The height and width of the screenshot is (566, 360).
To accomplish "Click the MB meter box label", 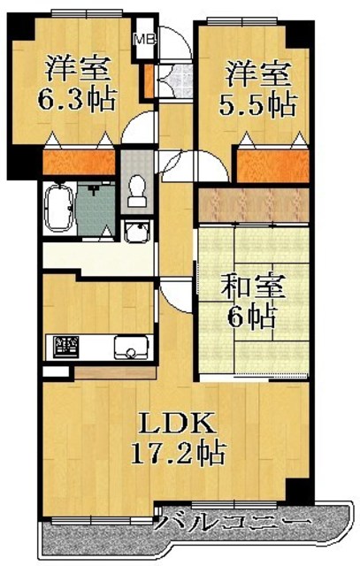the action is (144, 39).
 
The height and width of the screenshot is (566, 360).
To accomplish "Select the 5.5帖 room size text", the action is (258, 104).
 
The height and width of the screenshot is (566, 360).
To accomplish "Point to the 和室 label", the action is (253, 287).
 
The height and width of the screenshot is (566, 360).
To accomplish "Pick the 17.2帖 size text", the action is (178, 453).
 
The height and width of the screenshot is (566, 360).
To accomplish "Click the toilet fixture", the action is (136, 190).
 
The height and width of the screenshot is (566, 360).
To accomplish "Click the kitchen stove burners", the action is (65, 347).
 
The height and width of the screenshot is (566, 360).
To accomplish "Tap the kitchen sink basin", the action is (132, 348).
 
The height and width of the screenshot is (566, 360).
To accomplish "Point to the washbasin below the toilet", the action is (137, 233).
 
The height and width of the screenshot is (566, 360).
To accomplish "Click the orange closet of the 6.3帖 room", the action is (79, 161).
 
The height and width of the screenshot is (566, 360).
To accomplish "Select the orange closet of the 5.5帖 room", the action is (273, 166).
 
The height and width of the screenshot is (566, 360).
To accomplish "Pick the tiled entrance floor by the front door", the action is (175, 80).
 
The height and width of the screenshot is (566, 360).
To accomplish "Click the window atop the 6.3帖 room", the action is (88, 14).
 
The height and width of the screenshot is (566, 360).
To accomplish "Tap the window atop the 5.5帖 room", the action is (242, 21).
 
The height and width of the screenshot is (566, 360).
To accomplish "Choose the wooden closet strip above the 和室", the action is (254, 204).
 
